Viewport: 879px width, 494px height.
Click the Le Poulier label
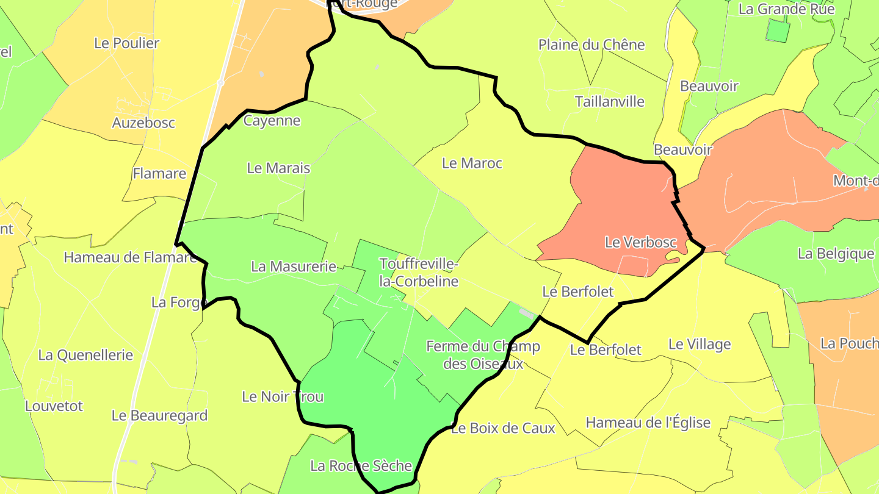[x=126, y=43]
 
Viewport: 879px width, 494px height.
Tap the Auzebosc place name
[x=143, y=123]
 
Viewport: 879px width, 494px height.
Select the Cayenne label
[x=272, y=121]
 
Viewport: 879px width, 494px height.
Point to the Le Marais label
[x=278, y=168]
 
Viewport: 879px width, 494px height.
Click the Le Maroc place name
[x=472, y=163]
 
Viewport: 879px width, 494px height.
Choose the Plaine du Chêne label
[x=591, y=45]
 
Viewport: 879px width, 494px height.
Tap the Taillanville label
[x=609, y=101]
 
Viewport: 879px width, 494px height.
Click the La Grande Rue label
[x=786, y=9]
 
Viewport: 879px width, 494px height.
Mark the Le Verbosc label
[x=640, y=242]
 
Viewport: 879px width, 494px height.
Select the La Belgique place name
[x=836, y=254]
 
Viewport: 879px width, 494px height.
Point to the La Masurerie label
[x=294, y=267]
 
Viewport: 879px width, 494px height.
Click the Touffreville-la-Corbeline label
[x=419, y=273]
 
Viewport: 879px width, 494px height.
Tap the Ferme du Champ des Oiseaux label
[x=483, y=355]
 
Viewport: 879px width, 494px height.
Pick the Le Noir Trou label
[x=283, y=397]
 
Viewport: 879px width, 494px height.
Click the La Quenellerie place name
[x=85, y=355]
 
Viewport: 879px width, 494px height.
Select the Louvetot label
[x=54, y=406]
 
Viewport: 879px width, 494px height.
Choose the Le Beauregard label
[x=159, y=416]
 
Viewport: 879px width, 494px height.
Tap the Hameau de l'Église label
[x=648, y=423]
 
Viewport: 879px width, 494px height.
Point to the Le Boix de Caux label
[x=503, y=428]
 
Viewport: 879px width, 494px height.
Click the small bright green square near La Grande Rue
[x=777, y=30]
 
